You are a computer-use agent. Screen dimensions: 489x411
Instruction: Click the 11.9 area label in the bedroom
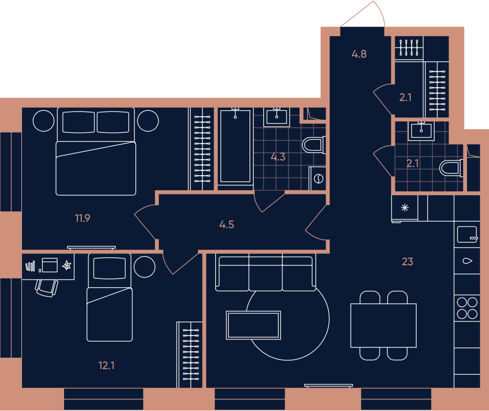pyautogui.click(x=83, y=218)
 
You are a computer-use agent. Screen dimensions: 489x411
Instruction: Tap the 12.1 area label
pyautogui.click(x=106, y=365)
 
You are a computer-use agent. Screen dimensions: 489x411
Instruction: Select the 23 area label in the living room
pyautogui.click(x=407, y=261)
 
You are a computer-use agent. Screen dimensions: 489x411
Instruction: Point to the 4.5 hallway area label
pyautogui.click(x=227, y=225)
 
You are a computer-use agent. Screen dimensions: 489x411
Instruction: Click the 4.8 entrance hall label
pyautogui.click(x=359, y=54)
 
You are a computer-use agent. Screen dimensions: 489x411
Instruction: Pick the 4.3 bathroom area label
pyautogui.click(x=278, y=157)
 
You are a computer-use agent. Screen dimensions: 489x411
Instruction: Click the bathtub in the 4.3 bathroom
pyautogui.click(x=236, y=146)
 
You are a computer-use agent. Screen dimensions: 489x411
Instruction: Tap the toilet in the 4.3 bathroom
pyautogui.click(x=314, y=145)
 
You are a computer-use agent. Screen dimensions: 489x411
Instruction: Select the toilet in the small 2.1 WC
pyautogui.click(x=451, y=168)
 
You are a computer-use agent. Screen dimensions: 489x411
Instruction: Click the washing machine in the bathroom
pyautogui.click(x=317, y=179)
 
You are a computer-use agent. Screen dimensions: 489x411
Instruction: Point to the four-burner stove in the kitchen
pyautogui.click(x=467, y=308)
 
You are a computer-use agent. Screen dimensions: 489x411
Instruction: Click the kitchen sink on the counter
pyautogui.click(x=467, y=234)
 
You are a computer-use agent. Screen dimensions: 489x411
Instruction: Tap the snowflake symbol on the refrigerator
pyautogui.click(x=405, y=207)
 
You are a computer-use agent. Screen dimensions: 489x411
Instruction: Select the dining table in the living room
pyautogui.click(x=383, y=325)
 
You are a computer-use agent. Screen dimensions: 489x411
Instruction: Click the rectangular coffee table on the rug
pyautogui.click(x=253, y=325)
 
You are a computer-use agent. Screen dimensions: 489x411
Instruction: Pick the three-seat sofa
pyautogui.click(x=266, y=272)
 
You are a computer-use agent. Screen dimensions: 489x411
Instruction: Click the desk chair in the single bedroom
pyautogui.click(x=47, y=288)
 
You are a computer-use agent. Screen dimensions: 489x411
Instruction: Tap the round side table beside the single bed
pyautogui.click(x=144, y=267)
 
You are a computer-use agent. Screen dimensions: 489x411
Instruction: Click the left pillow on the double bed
pyautogui.click(x=79, y=122)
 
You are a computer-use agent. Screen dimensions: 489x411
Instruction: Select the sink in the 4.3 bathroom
pyautogui.click(x=277, y=117)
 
